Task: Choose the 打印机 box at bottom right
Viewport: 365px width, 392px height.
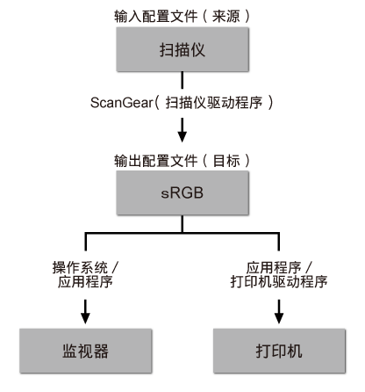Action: click(x=278, y=352)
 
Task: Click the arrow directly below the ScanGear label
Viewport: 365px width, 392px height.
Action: click(x=182, y=128)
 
